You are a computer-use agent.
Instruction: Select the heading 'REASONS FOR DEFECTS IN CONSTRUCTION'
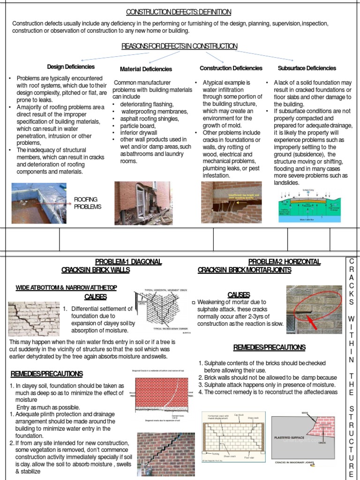[x=180, y=46]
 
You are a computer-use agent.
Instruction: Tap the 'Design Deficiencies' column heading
[x=71, y=67]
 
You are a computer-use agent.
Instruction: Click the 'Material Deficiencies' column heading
[x=146, y=69]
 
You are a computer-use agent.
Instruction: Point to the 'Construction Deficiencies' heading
[x=231, y=68]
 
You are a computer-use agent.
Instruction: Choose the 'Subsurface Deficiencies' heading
[x=307, y=68]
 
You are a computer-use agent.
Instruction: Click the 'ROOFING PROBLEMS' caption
[x=87, y=203]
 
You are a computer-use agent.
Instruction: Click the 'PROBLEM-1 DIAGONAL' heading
[x=128, y=262]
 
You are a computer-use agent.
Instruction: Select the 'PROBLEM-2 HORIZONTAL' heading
[x=284, y=262]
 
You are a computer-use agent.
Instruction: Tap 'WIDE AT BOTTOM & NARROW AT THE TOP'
[x=66, y=287]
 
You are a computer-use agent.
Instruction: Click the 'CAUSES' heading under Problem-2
[x=239, y=294]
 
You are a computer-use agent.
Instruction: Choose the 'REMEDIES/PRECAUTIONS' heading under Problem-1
[x=47, y=374]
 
